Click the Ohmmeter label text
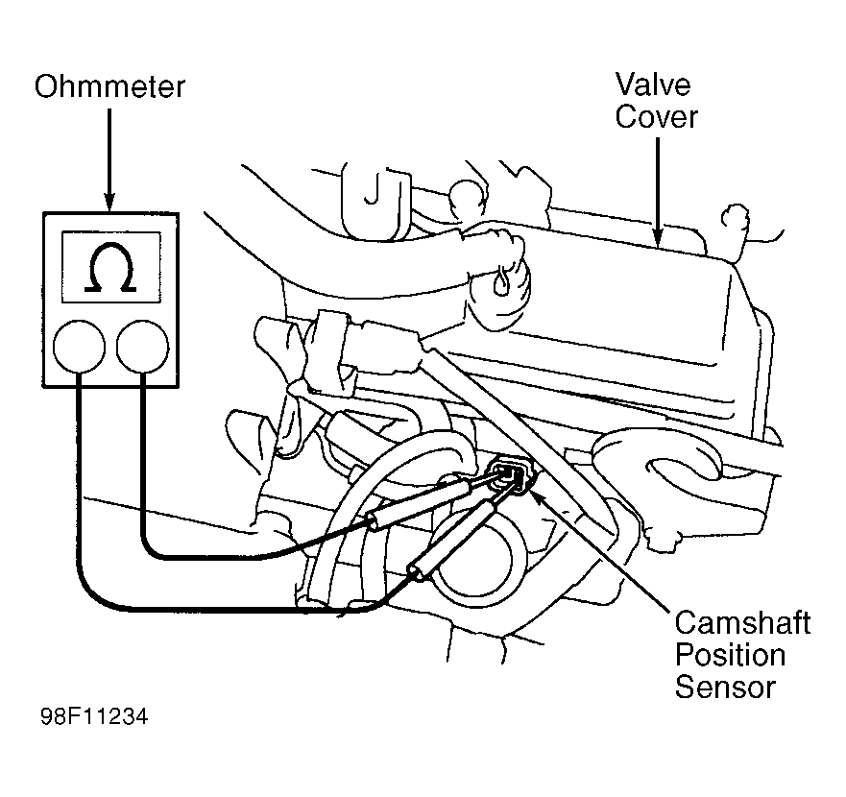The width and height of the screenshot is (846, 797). click(x=109, y=88)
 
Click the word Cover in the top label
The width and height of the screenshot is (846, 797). click(x=657, y=117)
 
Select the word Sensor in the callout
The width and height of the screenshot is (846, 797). click(x=724, y=688)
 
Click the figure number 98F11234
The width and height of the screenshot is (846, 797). click(x=94, y=718)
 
